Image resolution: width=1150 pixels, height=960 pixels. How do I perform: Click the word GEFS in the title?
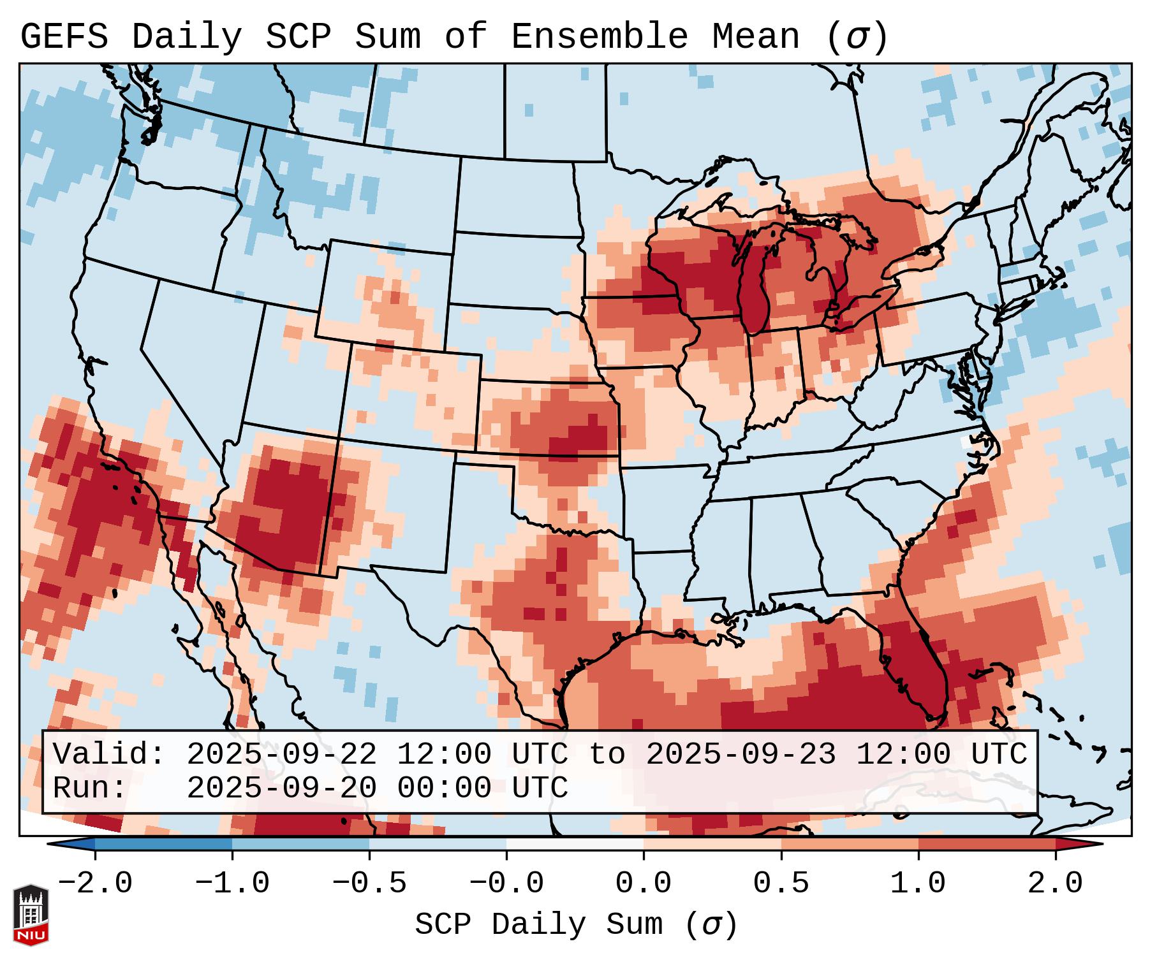tap(64, 37)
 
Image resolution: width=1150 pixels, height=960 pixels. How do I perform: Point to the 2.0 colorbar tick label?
tap(1055, 884)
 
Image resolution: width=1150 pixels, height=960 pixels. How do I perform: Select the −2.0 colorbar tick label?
tap(95, 884)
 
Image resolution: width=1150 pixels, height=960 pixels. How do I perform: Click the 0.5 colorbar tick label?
tap(781, 884)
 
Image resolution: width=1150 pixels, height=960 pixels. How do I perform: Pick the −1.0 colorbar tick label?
tap(232, 884)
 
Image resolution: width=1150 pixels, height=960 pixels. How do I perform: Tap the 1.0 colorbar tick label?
tap(918, 884)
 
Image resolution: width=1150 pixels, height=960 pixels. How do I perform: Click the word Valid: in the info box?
tap(109, 754)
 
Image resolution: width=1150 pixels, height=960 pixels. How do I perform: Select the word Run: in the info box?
tap(90, 788)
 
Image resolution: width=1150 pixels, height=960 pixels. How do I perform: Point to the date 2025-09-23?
tap(741, 754)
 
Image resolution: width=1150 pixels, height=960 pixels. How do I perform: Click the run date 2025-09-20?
tap(281, 788)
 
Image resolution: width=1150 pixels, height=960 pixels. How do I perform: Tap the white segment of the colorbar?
tap(575, 843)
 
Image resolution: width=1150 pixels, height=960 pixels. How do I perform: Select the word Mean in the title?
tap(755, 37)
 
